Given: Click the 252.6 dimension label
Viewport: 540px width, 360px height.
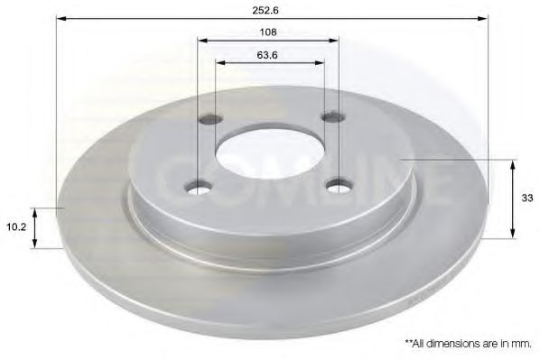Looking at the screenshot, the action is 265,10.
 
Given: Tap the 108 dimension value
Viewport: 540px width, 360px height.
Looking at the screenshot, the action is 268,32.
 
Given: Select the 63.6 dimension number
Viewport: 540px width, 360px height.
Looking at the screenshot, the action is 267,55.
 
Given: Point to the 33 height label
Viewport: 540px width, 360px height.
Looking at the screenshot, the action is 527,198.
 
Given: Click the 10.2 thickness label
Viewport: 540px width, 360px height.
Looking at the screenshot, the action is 16,226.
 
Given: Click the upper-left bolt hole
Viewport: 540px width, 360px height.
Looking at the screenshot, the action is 210,119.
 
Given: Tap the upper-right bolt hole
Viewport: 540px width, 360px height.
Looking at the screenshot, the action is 333,117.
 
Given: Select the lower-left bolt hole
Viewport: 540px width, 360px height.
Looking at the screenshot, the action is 199,188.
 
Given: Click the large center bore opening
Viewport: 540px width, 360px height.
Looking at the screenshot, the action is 270,152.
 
